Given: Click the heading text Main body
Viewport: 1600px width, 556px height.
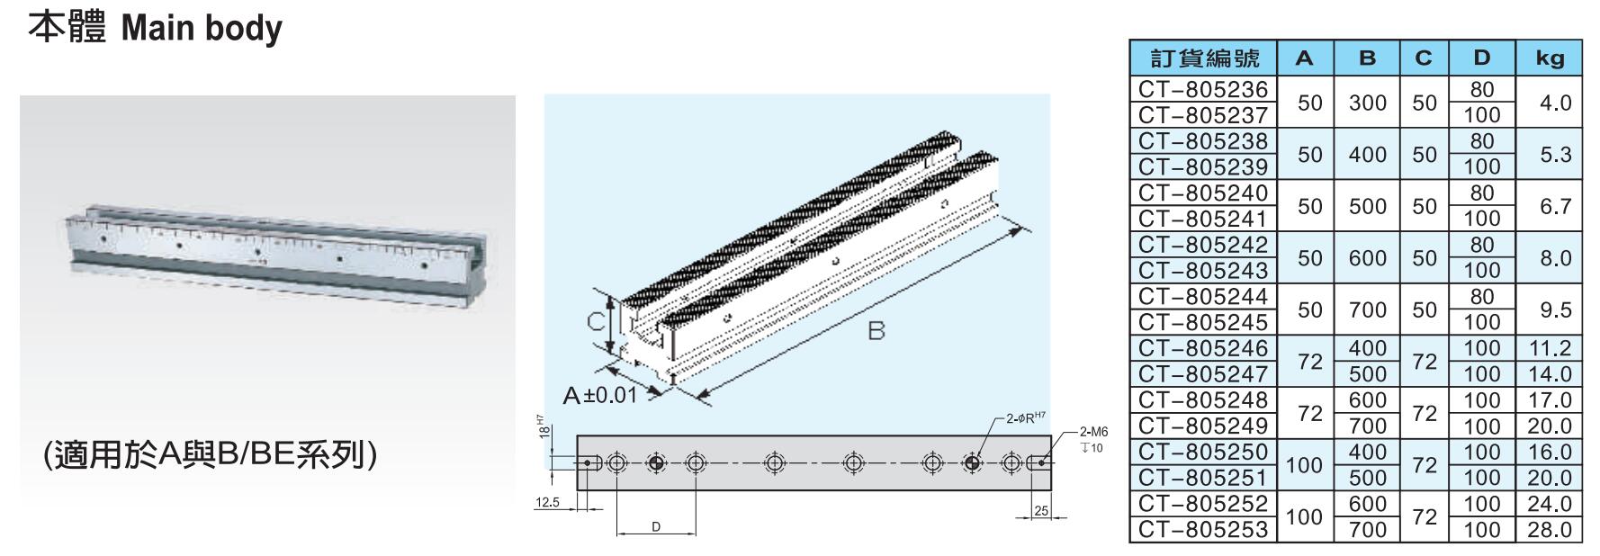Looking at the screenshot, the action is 202,29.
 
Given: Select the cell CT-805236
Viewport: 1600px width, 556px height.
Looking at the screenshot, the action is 1202,89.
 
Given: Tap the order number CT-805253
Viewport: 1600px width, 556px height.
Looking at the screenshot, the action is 1202,530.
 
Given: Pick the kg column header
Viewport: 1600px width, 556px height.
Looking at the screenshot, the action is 1550,58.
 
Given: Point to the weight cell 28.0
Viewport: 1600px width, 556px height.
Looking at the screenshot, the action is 1550,530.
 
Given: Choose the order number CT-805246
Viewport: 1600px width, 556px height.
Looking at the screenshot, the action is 1202,348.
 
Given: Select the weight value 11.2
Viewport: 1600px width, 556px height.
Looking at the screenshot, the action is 1550,348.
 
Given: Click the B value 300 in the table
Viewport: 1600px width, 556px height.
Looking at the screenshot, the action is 1368,103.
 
